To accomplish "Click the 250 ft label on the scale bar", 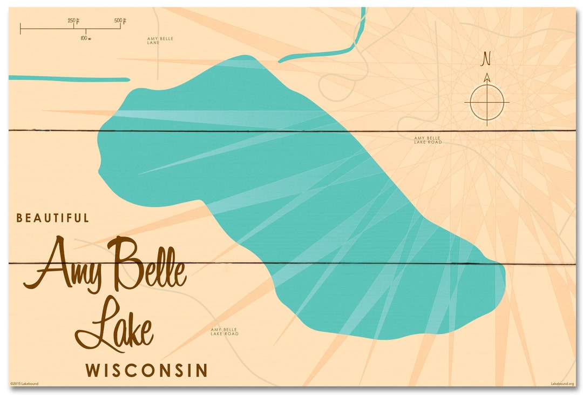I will click(x=74, y=21).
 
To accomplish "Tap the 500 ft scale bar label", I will click(x=120, y=21).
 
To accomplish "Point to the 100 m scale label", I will click(x=85, y=38).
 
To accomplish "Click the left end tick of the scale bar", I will click(x=21, y=29).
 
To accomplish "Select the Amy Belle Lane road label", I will click(x=160, y=41).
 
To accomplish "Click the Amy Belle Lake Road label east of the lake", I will click(x=428, y=140).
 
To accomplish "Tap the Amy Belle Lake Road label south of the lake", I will click(x=225, y=332).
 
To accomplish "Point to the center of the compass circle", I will click(x=487, y=102).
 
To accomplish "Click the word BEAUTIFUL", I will click(x=53, y=218).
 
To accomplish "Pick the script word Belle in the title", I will click(x=146, y=264).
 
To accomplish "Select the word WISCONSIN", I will click(x=146, y=371).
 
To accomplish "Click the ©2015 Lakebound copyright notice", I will click(x=24, y=384).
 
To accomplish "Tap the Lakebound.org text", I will click(x=562, y=384).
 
